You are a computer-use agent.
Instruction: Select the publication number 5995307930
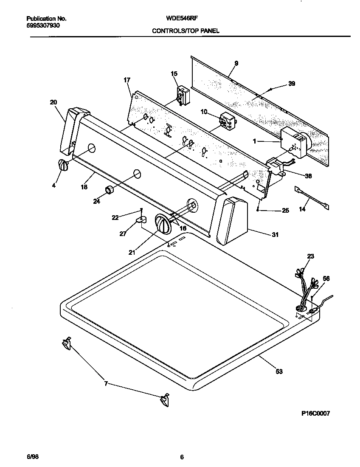pos(42,25)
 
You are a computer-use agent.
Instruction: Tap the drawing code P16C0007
pos(312,413)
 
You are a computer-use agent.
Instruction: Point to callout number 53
pos(279,371)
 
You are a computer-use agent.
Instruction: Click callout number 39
pos(291,84)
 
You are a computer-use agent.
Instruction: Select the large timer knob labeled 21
pos(163,223)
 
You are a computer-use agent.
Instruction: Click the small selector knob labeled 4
pos(62,165)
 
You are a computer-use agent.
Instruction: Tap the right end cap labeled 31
pos(232,221)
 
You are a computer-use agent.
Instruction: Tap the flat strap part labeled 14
pos(311,197)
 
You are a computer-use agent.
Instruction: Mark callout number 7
pos(106,384)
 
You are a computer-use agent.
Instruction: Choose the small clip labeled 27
pos(141,220)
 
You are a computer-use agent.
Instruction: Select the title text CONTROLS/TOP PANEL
pos(186,31)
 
